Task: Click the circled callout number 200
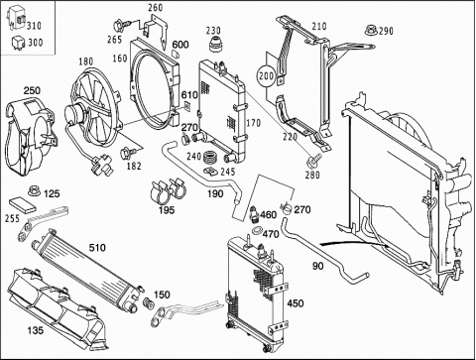(x=266, y=76)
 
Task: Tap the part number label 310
(x=34, y=26)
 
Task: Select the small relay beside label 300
(x=18, y=42)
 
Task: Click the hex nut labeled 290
(x=371, y=30)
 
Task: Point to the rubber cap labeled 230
(x=215, y=46)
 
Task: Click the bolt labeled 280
(x=313, y=160)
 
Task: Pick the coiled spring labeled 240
(x=209, y=157)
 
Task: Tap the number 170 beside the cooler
(x=254, y=123)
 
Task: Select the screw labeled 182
(x=128, y=153)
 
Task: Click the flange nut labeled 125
(x=33, y=190)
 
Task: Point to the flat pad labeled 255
(x=23, y=205)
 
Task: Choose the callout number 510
(x=97, y=247)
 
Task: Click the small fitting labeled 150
(x=149, y=302)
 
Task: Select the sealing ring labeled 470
(x=257, y=230)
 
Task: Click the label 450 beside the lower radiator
(x=296, y=303)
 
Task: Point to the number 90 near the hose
(x=317, y=266)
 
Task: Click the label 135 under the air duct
(x=36, y=330)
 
